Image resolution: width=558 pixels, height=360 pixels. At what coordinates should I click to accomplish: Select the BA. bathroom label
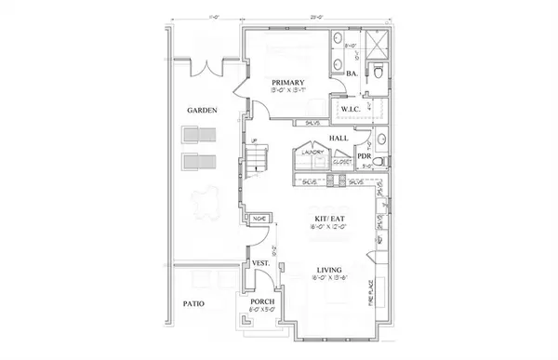click(x=353, y=73)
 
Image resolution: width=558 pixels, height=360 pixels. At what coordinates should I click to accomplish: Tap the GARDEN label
click(x=202, y=110)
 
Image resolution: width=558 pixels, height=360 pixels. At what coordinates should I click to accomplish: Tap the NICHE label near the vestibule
click(x=259, y=220)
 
